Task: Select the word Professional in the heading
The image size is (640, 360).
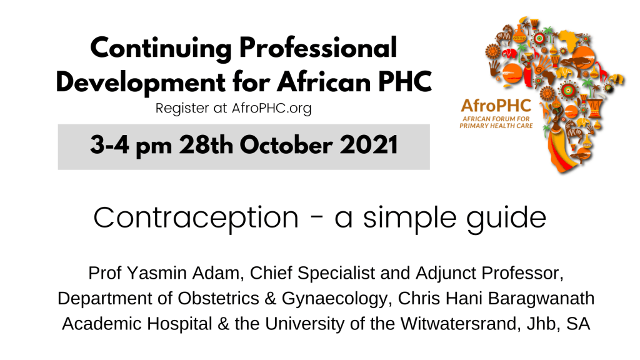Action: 318,47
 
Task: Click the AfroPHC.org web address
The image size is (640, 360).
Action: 271,109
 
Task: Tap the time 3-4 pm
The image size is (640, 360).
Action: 131,146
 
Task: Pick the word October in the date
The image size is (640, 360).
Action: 286,145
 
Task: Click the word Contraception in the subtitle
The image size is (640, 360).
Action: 196,217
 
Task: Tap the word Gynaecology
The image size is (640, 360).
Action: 334,299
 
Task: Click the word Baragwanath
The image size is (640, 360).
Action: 541,298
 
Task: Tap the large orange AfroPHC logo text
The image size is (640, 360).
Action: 496,106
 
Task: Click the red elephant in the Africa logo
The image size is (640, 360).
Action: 509,54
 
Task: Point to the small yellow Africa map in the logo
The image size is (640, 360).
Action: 567,38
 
